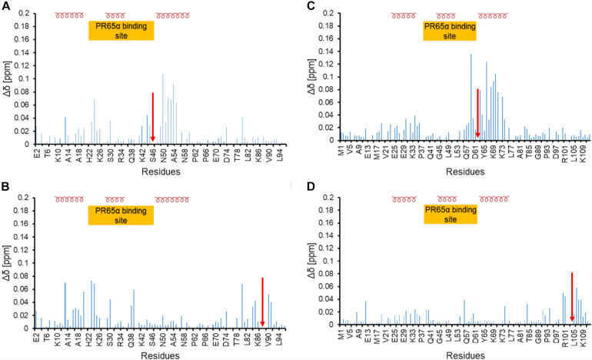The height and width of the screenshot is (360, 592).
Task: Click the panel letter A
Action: point(5,6)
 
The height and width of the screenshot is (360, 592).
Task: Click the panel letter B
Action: point(5,189)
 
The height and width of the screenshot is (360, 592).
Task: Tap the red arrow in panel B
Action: point(263,300)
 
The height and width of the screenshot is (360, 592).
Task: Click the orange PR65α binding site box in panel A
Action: point(121,30)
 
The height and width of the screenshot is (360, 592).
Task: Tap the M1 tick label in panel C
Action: point(341,154)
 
